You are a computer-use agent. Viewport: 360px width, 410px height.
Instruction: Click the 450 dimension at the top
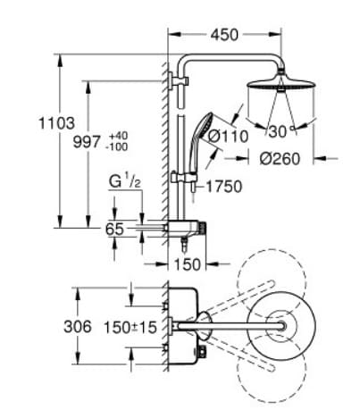click(x=226, y=35)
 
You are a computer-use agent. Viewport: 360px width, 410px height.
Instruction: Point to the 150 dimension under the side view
click(x=188, y=264)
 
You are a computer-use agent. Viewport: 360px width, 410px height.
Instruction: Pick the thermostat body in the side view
click(x=190, y=230)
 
